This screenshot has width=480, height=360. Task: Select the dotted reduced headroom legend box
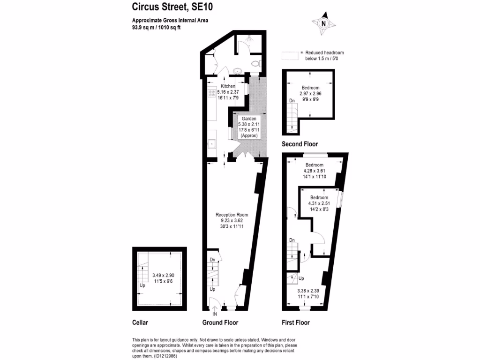pyautogui.click(x=290, y=56)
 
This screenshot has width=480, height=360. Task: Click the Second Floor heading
pyautogui.click(x=300, y=144)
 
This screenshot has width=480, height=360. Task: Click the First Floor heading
pyautogui.click(x=295, y=322)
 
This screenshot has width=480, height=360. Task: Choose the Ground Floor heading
pyautogui.click(x=220, y=322)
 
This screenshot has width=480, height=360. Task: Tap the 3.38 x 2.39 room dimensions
pyautogui.click(x=308, y=293)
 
